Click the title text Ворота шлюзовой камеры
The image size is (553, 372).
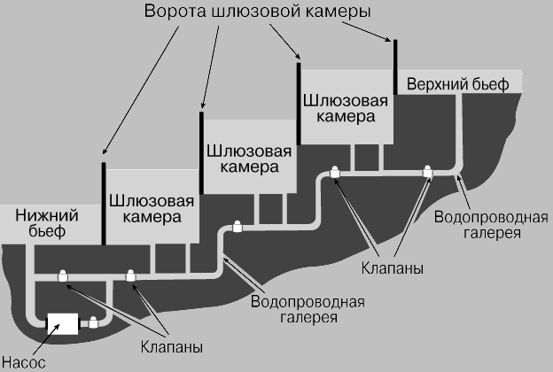(254, 14)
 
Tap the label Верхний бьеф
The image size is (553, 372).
(458, 84)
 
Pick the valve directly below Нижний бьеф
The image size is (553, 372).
(63, 276)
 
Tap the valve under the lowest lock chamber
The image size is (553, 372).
(131, 276)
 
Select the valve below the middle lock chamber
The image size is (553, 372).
(237, 226)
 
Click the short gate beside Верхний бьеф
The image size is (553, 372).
(395, 55)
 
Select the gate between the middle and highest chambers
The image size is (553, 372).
(299, 102)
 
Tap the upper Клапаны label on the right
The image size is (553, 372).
(391, 266)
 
